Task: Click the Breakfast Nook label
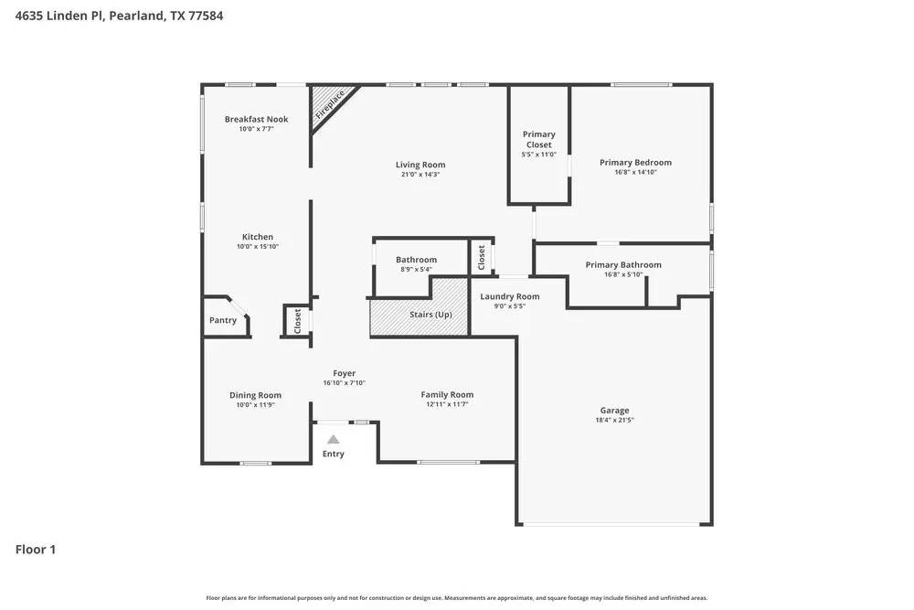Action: click(256, 120)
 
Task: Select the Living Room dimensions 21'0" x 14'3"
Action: click(420, 174)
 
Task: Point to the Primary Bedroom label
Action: click(635, 163)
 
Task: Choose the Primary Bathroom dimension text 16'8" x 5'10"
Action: click(623, 274)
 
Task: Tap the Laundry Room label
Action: click(510, 296)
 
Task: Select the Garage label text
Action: click(614, 411)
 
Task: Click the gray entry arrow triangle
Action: click(334, 440)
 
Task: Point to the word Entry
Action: click(334, 454)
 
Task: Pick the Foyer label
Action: click(344, 373)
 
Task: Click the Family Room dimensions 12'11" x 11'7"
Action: click(447, 404)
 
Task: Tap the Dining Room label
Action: click(255, 395)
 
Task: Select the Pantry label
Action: click(223, 320)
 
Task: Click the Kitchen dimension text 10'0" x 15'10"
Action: click(257, 247)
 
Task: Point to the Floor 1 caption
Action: click(36, 550)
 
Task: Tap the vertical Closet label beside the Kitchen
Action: click(298, 320)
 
